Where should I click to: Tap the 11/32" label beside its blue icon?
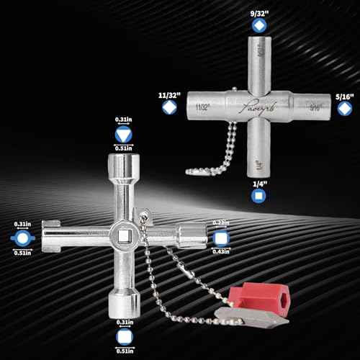[x=169, y=94]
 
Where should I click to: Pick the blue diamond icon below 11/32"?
[x=169, y=108]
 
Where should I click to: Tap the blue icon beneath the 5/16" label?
[x=344, y=108]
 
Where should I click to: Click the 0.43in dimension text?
[x=221, y=251]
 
